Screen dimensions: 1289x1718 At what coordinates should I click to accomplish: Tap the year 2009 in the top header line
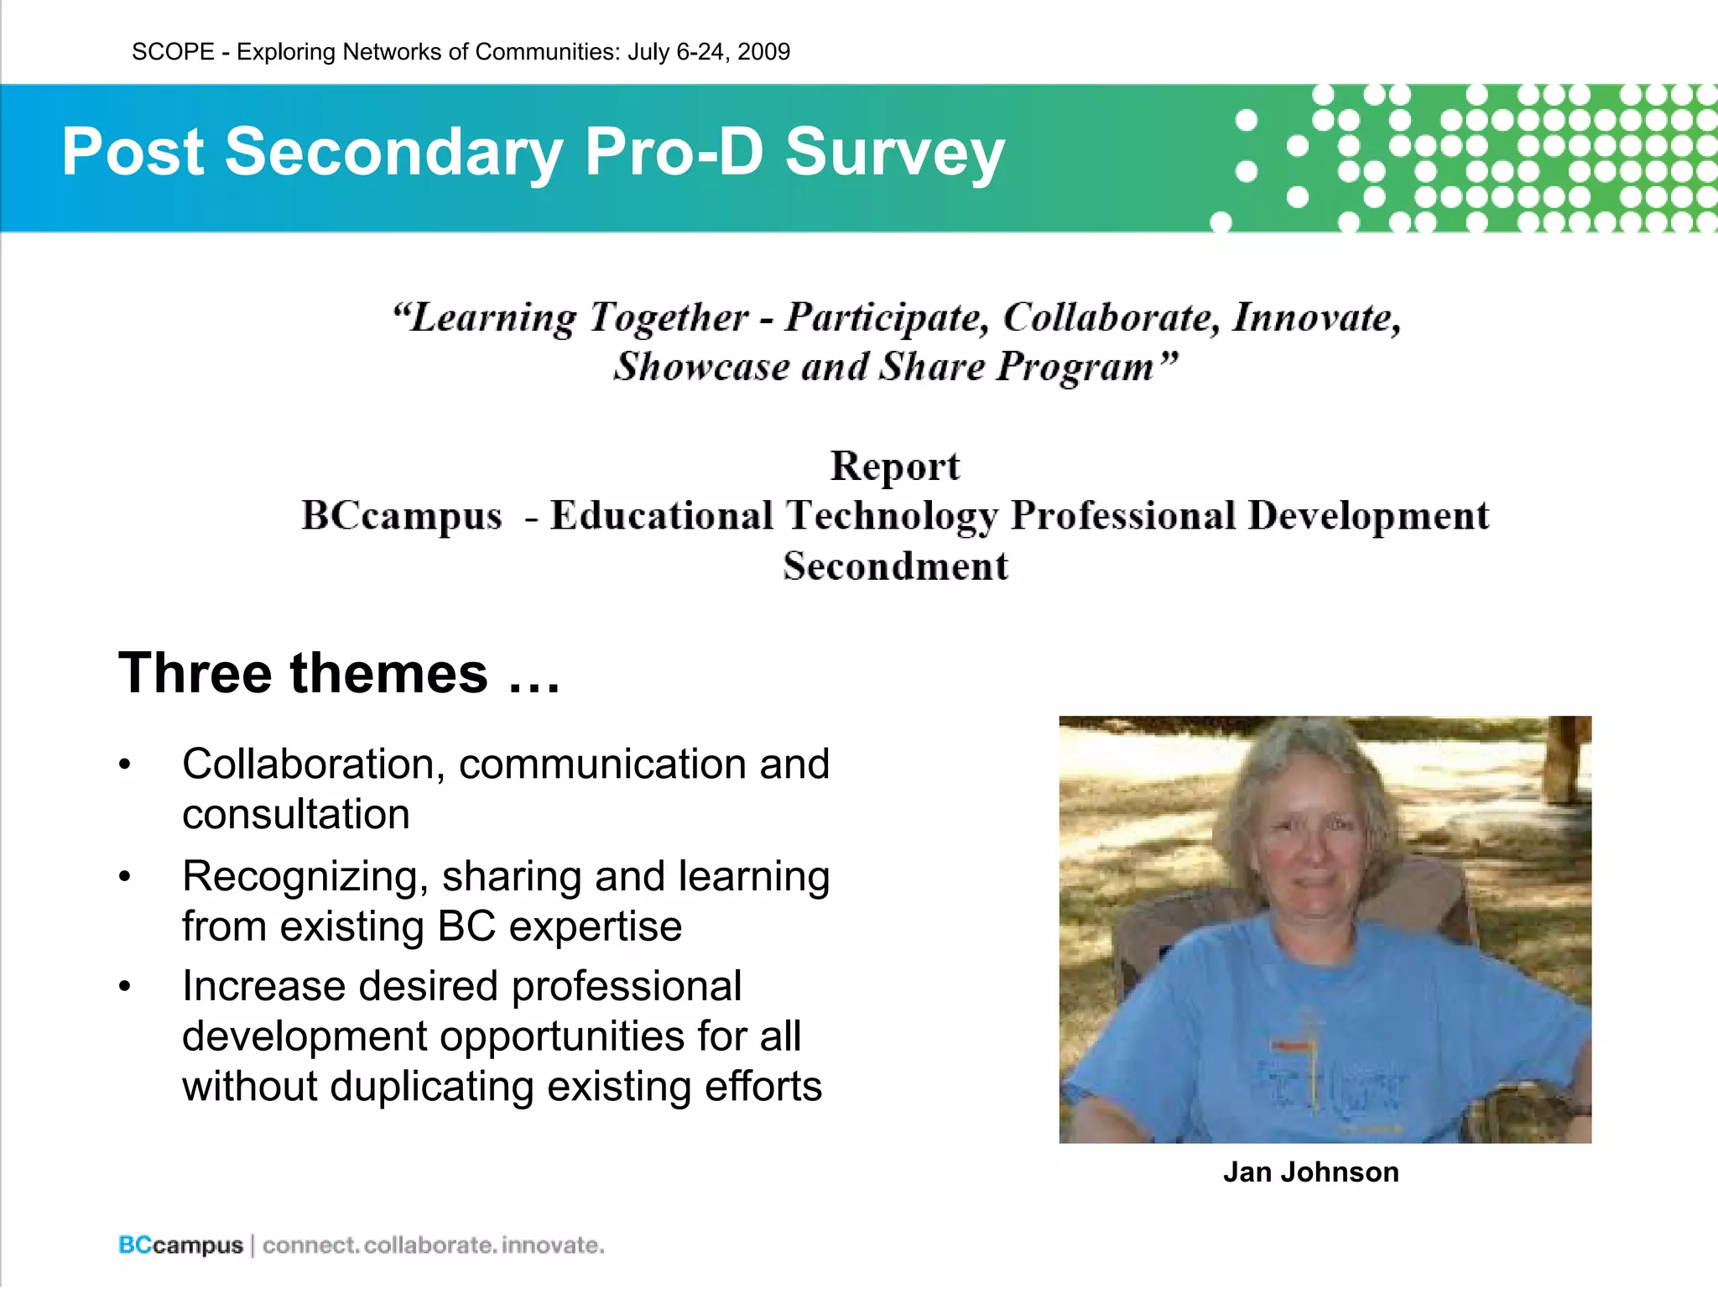click(763, 52)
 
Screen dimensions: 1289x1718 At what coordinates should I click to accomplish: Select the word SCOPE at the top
click(174, 52)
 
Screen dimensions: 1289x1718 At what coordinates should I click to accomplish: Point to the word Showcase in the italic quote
click(700, 367)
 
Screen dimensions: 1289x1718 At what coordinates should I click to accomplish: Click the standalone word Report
click(895, 466)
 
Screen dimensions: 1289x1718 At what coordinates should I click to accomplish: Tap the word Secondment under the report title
click(895, 566)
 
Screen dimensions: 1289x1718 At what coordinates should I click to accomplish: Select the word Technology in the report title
click(892, 515)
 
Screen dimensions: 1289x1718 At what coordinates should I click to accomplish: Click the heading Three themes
click(339, 673)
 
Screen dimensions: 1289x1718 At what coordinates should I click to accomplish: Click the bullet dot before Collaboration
click(125, 765)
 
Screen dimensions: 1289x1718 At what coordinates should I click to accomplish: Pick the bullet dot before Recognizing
click(125, 877)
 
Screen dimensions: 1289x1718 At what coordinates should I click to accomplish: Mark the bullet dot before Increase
click(125, 986)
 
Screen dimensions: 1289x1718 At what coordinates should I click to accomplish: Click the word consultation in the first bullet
click(296, 814)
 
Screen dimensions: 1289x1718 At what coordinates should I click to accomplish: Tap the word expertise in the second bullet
click(596, 926)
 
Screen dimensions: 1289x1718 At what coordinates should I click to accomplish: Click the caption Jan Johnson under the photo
click(1310, 1172)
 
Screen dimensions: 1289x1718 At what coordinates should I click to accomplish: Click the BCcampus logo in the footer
click(180, 1245)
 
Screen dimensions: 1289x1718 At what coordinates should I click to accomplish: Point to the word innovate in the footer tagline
click(553, 1245)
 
